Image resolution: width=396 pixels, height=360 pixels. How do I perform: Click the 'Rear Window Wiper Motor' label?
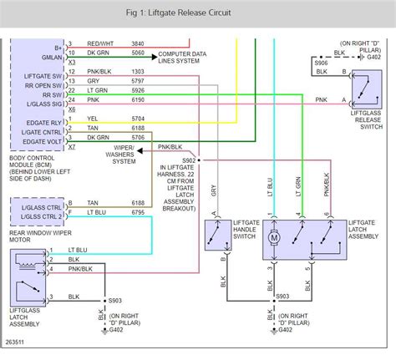click(33, 213)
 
